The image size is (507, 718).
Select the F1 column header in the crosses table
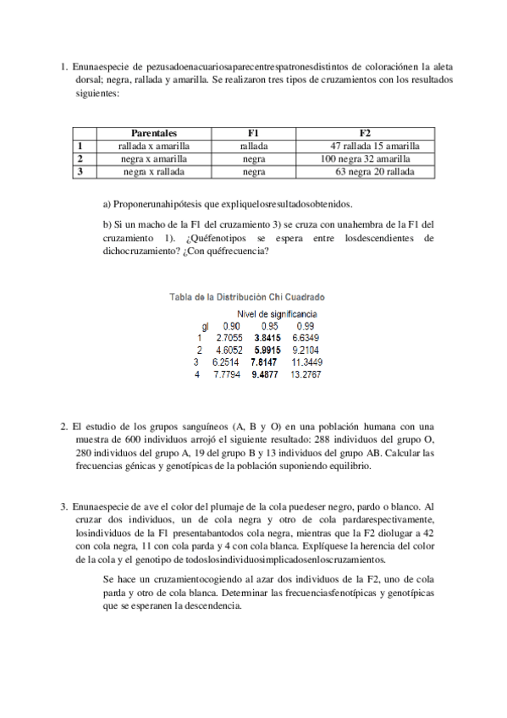pos(253,133)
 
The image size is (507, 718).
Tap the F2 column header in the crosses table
pos(365,133)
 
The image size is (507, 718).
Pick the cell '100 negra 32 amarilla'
pos(366,158)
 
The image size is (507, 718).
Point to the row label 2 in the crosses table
pos(80,158)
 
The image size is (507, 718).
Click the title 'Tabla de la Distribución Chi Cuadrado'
pos(248,297)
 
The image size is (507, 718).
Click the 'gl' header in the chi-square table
pos(204,325)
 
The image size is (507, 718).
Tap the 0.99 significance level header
pos(306,325)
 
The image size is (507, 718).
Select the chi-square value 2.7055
pos(230,337)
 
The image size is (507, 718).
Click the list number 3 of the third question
pos(63,506)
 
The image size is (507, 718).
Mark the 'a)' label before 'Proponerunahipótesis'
pos(107,204)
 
